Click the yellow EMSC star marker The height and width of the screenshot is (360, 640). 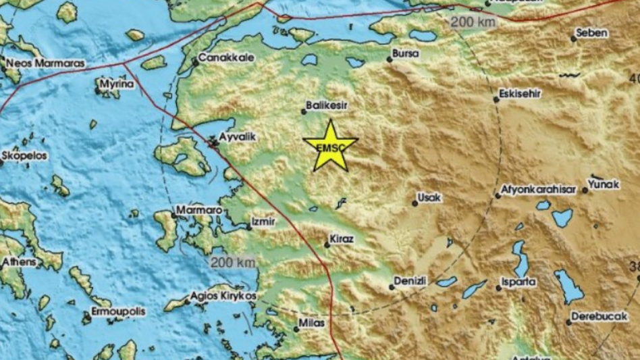[329, 145]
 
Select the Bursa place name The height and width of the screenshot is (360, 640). [405, 53]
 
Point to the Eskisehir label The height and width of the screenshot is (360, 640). [520, 94]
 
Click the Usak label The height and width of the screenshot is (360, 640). [430, 198]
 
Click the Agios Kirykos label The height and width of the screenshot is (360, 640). [223, 297]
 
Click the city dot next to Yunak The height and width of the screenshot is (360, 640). [585, 190]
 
